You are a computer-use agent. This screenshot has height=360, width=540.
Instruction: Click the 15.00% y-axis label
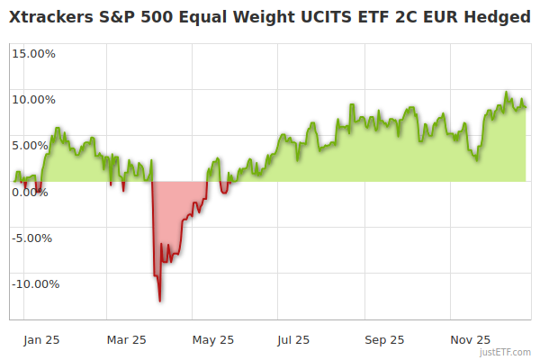pos(33,54)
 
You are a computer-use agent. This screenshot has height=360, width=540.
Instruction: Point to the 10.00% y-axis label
pos(33,100)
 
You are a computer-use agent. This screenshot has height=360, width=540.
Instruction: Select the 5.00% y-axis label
pos(36,146)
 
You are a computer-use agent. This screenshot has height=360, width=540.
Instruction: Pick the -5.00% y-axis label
pos(34,238)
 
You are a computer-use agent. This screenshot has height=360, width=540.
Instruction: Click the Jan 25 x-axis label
pos(41,340)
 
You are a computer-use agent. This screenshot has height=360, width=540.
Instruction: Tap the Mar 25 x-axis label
pos(126,340)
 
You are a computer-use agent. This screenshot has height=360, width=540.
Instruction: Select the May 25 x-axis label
pos(213,340)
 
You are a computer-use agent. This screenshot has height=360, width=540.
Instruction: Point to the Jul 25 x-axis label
pos(292,340)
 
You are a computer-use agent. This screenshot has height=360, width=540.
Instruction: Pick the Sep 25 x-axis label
pos(383,340)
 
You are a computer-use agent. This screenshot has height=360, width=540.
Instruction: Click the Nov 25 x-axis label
pos(470,340)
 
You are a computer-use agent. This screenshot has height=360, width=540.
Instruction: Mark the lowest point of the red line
pos(160,301)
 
